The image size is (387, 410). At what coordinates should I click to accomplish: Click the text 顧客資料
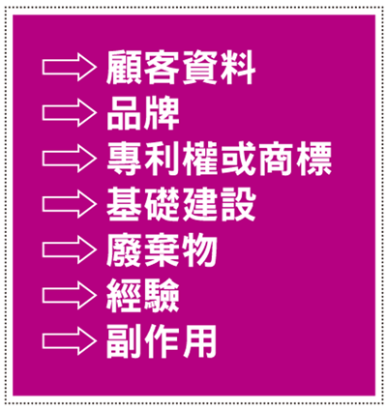181,68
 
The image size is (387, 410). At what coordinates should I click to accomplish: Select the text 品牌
143,113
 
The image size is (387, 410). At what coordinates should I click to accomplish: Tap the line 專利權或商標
220,159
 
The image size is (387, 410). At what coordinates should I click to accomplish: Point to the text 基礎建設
181,204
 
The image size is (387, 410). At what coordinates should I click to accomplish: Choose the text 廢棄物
162,250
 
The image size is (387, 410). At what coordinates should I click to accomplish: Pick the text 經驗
143,296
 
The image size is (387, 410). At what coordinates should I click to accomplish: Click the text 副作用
162,341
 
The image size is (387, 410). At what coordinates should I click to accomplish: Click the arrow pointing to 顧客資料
70,68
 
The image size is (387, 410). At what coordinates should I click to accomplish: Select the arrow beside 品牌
70,113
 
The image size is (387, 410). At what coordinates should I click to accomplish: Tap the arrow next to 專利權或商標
70,159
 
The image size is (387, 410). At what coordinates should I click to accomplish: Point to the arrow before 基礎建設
70,204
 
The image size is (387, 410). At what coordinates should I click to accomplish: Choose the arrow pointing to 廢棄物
70,250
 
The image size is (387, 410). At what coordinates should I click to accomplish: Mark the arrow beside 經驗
70,296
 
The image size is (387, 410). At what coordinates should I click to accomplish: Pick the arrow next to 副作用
70,341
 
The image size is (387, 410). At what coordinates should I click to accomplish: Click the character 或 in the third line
238,159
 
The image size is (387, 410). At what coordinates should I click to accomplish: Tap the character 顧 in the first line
124,68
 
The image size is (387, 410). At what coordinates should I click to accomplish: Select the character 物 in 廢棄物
200,250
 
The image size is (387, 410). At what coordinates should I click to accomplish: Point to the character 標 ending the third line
314,159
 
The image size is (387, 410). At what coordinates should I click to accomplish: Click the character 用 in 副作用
200,341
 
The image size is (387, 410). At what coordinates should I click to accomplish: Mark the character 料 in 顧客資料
238,68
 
